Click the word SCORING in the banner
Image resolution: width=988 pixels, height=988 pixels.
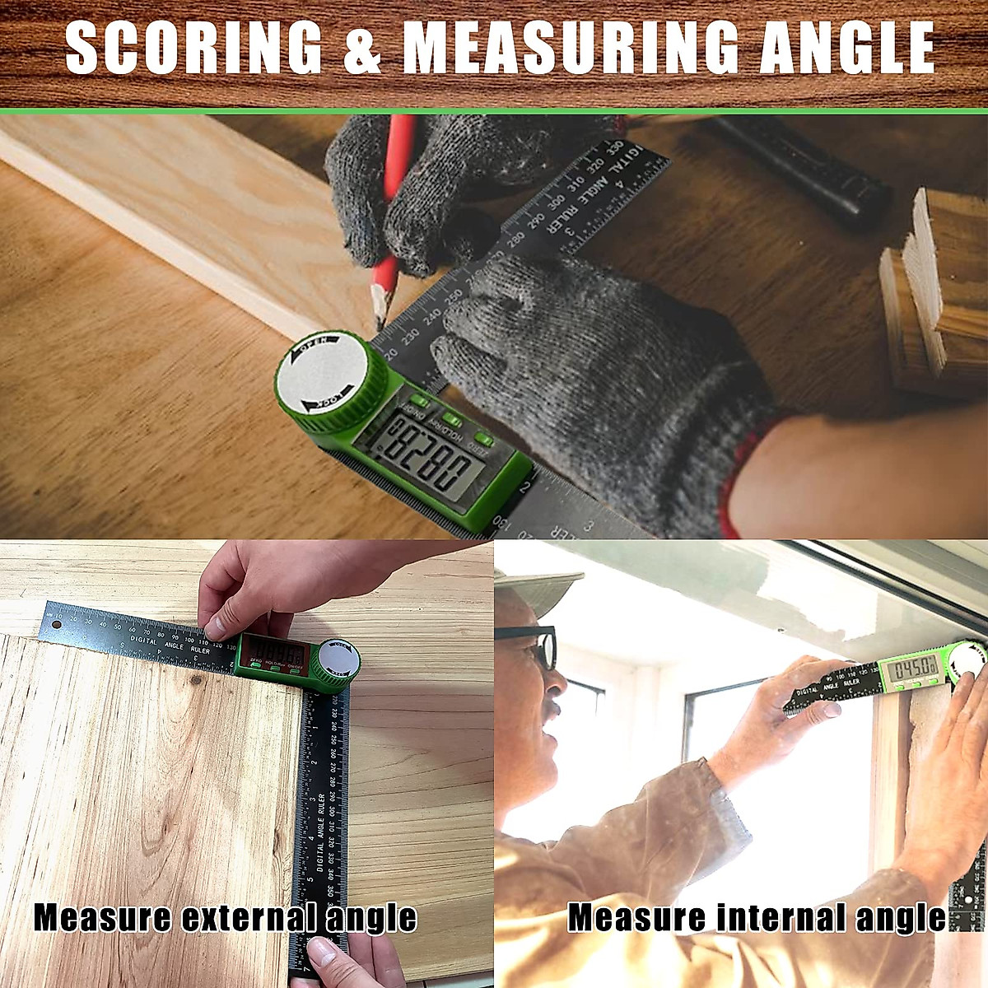click(x=193, y=48)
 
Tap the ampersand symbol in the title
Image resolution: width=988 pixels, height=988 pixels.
click(x=362, y=48)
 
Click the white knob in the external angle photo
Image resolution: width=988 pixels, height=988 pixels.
click(x=339, y=659)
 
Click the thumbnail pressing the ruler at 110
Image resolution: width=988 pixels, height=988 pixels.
click(x=216, y=630)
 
